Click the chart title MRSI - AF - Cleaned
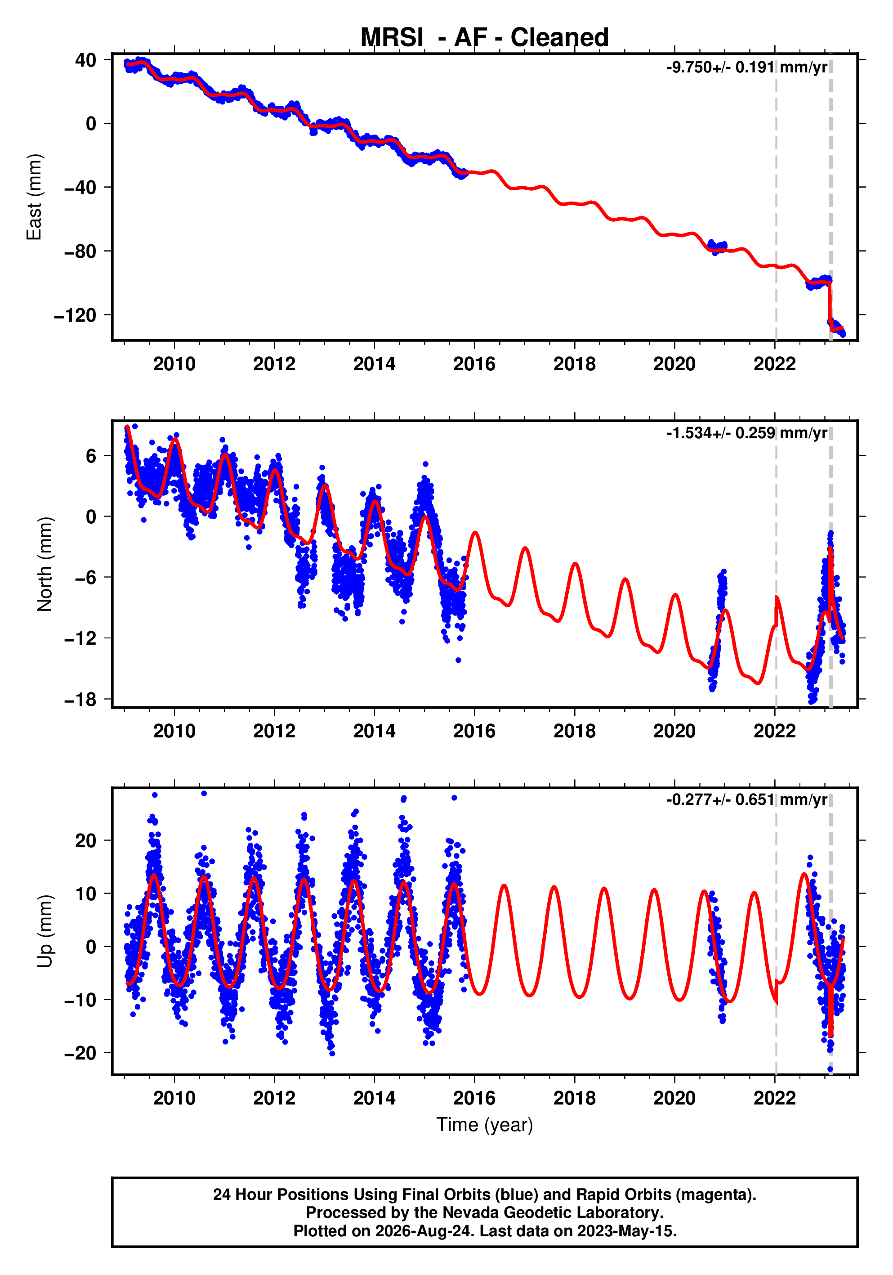point(485,38)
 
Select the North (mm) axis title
point(45,564)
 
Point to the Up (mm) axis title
point(45,931)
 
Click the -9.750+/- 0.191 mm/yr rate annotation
point(747,67)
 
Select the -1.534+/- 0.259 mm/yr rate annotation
point(747,433)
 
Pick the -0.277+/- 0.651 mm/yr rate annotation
point(747,799)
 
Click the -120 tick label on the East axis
point(75,315)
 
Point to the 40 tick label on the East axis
point(85,60)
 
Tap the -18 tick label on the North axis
point(80,700)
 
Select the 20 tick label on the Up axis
point(85,841)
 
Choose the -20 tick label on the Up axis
point(80,1053)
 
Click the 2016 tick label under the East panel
point(474,364)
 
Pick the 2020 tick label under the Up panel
point(674,1098)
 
